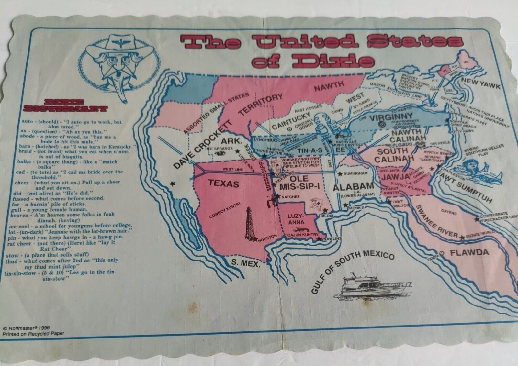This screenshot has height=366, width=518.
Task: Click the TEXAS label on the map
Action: click(224, 183)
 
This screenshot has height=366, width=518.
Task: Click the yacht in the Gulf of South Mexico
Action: click(369, 287)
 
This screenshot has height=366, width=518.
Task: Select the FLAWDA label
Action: click(469, 253)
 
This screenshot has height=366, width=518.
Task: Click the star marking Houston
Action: click(255, 239)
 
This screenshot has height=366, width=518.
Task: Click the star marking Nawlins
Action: click(320, 239)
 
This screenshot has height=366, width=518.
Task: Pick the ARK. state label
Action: click(232, 141)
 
